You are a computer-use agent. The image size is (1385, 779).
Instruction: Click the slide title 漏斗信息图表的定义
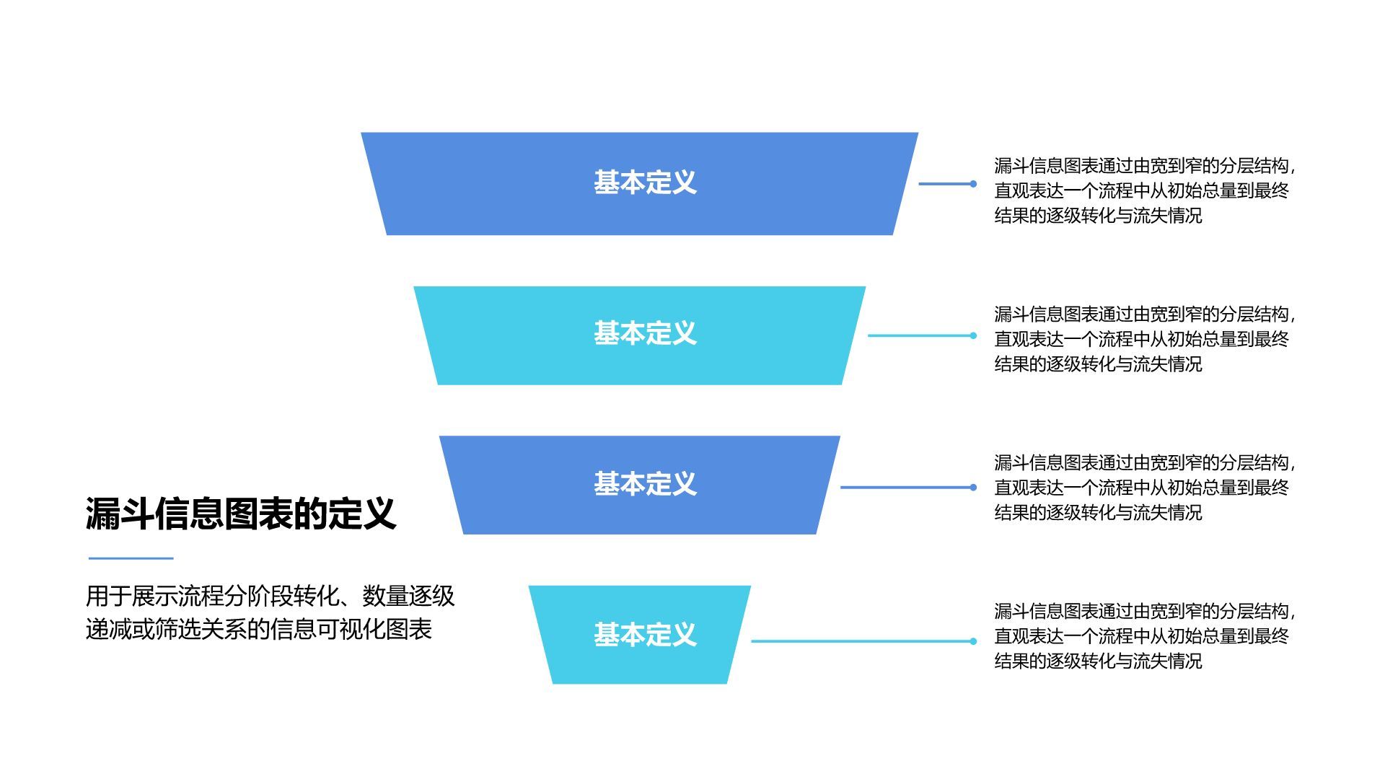point(241,514)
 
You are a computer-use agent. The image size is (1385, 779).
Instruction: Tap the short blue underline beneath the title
point(131,558)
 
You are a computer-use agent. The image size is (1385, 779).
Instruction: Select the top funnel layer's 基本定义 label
point(645,182)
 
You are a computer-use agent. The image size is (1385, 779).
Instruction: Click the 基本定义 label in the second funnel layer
point(645,333)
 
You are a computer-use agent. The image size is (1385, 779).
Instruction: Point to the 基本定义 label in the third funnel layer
point(645,484)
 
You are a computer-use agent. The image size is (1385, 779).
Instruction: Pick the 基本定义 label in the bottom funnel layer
point(645,635)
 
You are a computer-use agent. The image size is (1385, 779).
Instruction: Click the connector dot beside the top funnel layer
point(973,184)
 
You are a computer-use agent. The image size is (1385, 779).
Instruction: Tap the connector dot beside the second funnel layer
point(973,335)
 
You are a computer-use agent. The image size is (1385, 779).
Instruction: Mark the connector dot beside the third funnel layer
point(973,488)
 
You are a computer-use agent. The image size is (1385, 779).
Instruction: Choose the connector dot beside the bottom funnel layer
point(973,641)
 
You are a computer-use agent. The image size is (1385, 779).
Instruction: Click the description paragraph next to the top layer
point(1144,190)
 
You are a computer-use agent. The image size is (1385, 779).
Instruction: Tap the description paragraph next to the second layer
point(1144,339)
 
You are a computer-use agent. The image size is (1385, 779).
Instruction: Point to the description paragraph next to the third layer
point(1144,488)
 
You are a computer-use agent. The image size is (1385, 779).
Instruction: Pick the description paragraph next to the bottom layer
point(1144,636)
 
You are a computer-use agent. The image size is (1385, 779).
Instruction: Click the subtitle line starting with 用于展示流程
point(270,597)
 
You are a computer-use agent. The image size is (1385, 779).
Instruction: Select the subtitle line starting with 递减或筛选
point(258,629)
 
